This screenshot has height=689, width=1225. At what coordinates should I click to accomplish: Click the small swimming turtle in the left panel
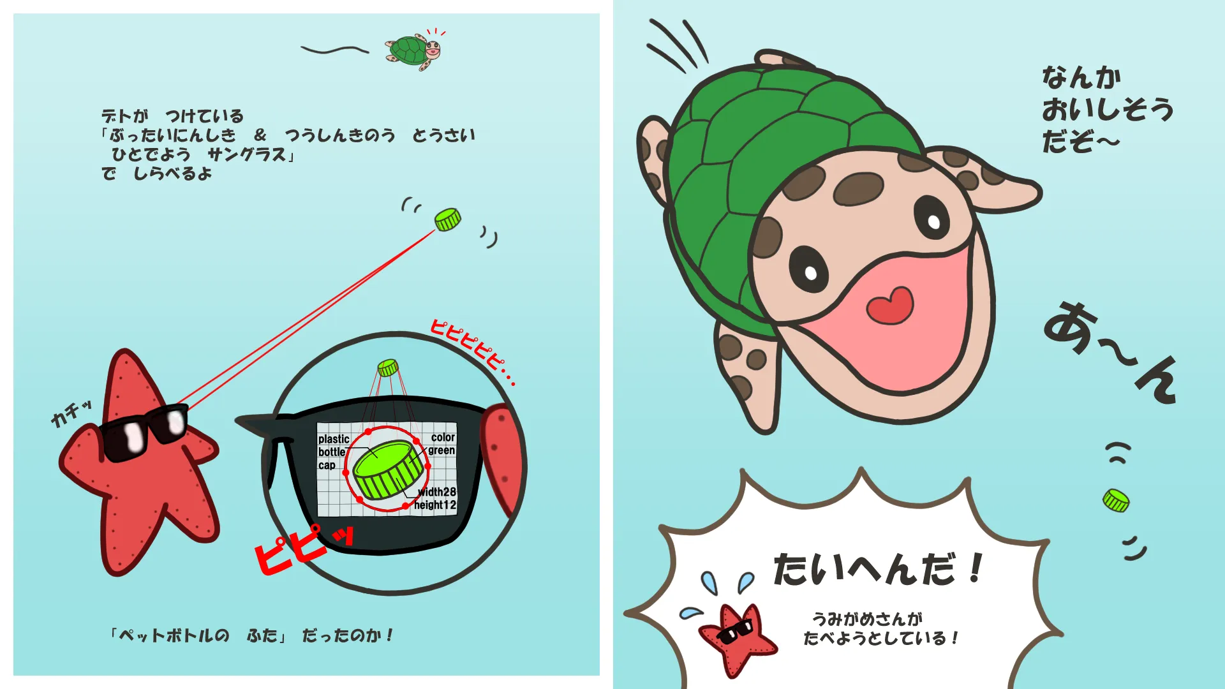413,49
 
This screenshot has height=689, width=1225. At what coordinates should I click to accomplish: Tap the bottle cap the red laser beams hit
448,219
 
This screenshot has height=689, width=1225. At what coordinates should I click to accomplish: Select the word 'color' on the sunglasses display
443,437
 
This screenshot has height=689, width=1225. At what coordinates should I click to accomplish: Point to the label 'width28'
437,491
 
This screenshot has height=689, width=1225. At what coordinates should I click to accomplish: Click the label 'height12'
435,505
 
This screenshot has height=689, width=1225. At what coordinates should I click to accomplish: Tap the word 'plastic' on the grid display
334,439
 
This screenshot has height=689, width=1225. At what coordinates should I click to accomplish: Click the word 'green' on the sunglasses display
442,450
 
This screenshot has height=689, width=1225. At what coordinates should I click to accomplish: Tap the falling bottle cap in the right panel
1116,501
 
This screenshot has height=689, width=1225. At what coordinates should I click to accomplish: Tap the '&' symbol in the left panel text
260,135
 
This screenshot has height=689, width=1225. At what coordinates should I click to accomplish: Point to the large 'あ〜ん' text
1111,352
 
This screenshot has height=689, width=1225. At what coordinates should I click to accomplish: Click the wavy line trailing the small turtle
335,50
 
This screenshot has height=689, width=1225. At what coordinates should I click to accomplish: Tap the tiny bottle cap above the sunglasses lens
388,367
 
